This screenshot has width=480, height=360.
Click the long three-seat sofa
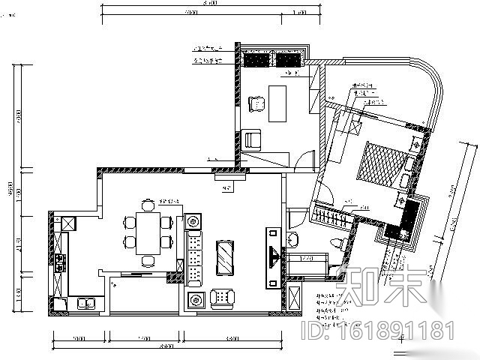pyautogui.click(x=194, y=256)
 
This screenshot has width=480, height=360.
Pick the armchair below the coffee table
pyautogui.click(x=223, y=298)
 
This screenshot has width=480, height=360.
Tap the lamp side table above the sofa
pyautogui.click(x=194, y=221)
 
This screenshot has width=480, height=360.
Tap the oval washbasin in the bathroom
pyautogui.click(x=294, y=240)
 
